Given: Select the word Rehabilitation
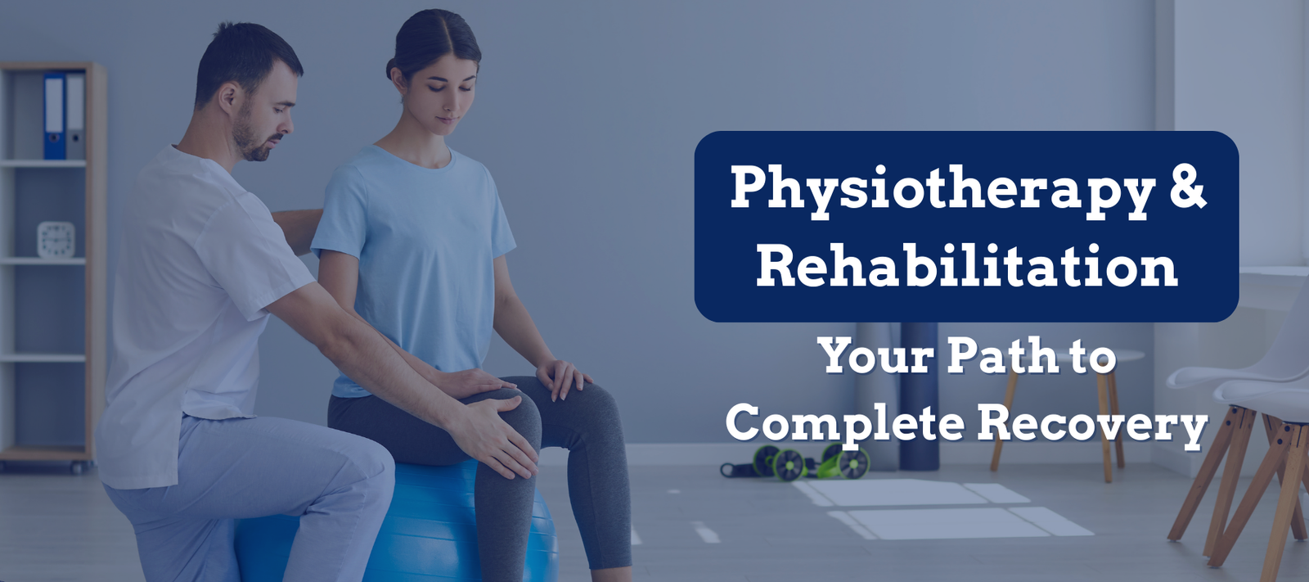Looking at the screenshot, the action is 966,266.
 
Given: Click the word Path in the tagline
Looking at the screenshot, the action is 1002,354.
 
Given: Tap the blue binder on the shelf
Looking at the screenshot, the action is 54,115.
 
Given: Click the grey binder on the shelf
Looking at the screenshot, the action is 75,115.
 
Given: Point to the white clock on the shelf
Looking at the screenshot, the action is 56,239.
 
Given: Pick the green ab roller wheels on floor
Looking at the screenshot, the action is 812,462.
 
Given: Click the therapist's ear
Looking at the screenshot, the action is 228,97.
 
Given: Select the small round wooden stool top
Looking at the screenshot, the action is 1069,354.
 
